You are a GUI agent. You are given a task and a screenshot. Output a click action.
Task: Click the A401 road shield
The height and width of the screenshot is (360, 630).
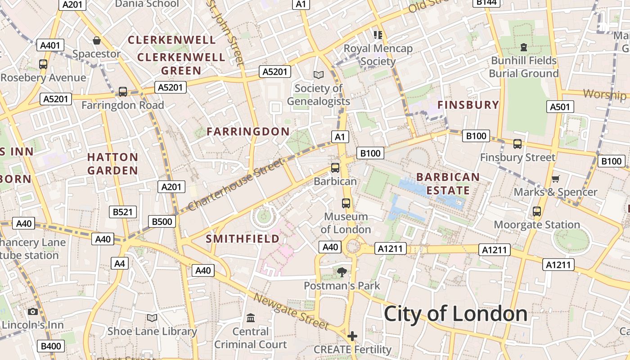[x=50, y=45]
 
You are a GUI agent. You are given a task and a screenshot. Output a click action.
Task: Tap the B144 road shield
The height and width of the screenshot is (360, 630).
[x=486, y=2]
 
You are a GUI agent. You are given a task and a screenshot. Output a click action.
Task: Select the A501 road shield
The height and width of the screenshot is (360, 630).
[x=560, y=107]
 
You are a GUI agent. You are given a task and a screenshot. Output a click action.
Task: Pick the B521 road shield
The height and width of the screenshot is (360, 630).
[x=122, y=212]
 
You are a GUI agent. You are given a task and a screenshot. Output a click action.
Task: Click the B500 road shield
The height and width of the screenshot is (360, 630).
[x=162, y=221]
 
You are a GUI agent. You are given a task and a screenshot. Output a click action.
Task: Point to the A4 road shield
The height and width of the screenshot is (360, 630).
[x=120, y=263]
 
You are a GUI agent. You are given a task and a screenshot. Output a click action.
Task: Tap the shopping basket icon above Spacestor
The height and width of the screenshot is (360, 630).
[x=96, y=41]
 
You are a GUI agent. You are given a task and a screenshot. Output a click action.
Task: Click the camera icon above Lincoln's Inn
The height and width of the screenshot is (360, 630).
[x=33, y=311]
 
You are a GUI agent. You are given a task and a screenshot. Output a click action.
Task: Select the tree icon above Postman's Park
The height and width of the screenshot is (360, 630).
[x=342, y=272]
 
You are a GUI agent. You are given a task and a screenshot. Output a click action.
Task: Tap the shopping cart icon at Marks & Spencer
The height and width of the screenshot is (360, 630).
[x=556, y=179]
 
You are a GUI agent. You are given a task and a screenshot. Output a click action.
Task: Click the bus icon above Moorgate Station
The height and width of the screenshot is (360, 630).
[x=536, y=211]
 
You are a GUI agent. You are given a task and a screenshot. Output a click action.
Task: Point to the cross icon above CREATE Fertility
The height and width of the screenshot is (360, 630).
[x=352, y=336]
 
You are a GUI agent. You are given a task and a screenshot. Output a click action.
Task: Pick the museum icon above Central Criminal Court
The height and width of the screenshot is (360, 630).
[x=251, y=318]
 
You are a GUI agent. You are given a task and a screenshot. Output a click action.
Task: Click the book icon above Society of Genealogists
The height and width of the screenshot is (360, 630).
[x=319, y=75]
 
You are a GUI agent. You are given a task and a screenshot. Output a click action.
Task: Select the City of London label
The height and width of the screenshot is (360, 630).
[x=455, y=314]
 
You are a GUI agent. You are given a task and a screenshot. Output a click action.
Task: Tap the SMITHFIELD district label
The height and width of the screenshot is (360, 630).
[x=243, y=238]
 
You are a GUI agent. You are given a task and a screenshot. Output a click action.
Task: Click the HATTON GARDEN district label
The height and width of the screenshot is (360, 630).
[x=112, y=164]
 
